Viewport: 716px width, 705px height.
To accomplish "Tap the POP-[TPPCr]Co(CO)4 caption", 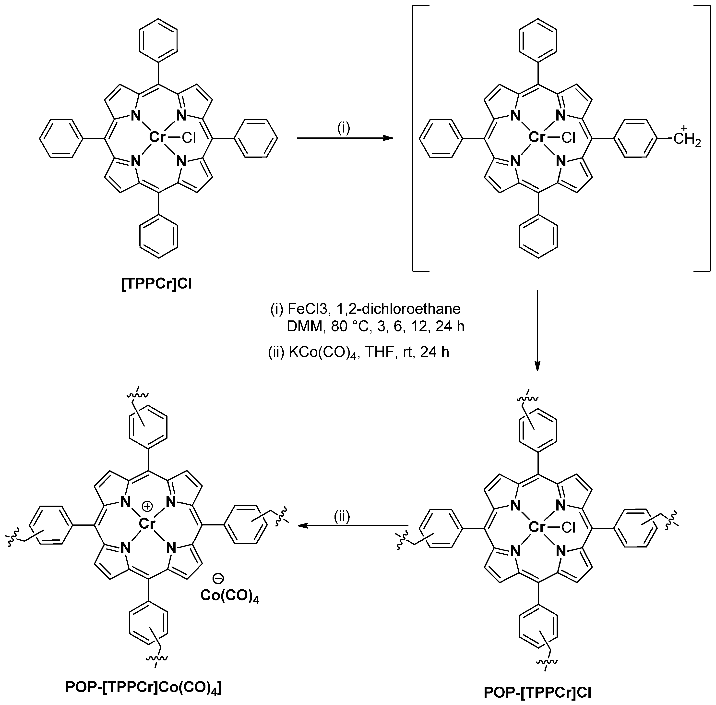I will coord(144,687).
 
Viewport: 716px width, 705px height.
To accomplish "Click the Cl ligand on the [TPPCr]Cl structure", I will coord(189,138).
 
